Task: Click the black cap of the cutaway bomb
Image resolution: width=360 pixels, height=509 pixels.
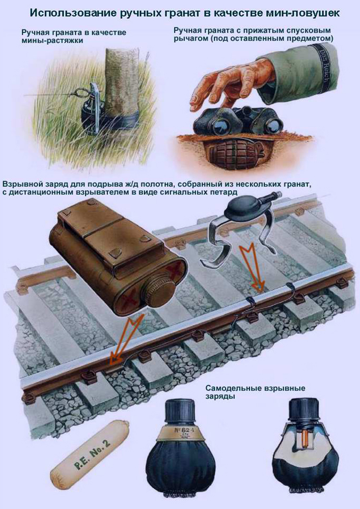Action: point(304,410)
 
